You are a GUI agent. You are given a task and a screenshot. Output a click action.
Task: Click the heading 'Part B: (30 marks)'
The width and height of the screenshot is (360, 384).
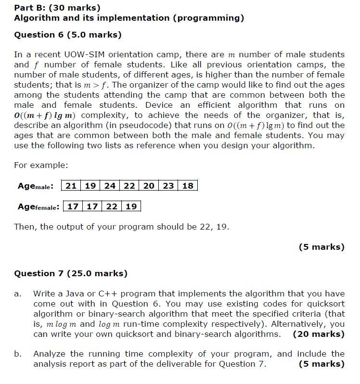pyautogui.click(x=57, y=8)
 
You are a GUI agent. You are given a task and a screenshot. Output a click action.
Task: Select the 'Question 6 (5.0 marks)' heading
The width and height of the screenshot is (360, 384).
pyautogui.click(x=68, y=35)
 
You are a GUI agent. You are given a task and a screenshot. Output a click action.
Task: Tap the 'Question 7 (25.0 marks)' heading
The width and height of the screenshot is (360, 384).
pyautogui.click(x=71, y=273)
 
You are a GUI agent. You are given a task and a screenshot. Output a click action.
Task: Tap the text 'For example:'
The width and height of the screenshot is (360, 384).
pyautogui.click(x=41, y=165)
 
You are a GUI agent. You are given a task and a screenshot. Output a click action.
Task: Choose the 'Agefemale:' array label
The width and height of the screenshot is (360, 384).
pyautogui.click(x=39, y=206)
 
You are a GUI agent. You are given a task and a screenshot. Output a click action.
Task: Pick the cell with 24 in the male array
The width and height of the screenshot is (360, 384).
pyautogui.click(x=110, y=186)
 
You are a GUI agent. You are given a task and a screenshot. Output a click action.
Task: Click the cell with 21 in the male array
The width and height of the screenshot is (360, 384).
pyautogui.click(x=71, y=186)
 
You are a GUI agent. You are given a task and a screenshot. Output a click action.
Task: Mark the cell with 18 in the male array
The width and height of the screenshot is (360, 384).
pyautogui.click(x=188, y=186)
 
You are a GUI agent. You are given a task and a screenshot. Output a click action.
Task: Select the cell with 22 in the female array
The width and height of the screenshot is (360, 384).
pyautogui.click(x=112, y=206)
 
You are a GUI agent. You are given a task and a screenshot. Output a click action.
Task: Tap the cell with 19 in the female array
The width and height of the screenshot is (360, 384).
pyautogui.click(x=131, y=206)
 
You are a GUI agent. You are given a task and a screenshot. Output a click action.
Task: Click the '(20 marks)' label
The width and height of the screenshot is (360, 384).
pyautogui.click(x=319, y=334)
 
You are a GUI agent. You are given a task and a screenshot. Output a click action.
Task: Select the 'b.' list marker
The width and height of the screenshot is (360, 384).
pyautogui.click(x=18, y=354)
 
